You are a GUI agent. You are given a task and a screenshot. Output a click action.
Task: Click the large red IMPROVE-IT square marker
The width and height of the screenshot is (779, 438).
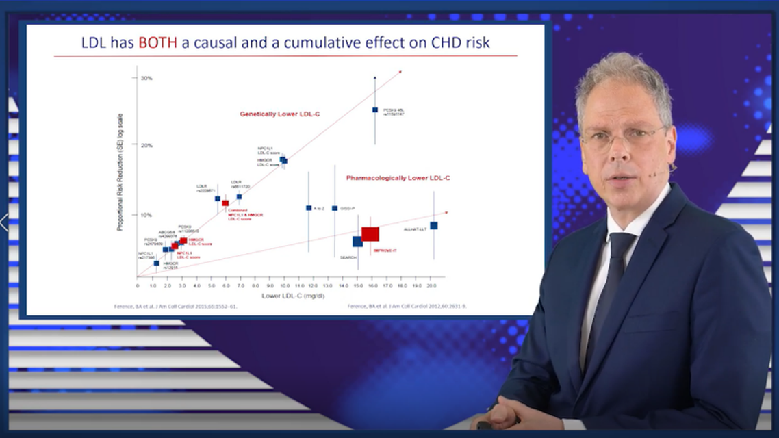(370, 234)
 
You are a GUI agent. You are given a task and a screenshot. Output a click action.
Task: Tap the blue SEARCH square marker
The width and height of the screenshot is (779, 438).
(357, 242)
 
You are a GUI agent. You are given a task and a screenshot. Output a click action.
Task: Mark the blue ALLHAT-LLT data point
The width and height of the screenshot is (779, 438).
(433, 225)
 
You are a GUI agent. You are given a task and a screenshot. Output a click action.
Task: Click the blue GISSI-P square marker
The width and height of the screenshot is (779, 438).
(335, 208)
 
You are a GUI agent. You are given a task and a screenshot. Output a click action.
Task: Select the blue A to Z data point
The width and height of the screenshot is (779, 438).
(309, 208)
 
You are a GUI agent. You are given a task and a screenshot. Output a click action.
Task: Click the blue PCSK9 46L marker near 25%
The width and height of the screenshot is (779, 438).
(375, 109)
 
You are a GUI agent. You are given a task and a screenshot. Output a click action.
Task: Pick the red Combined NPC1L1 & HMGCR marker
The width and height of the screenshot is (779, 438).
(225, 203)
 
